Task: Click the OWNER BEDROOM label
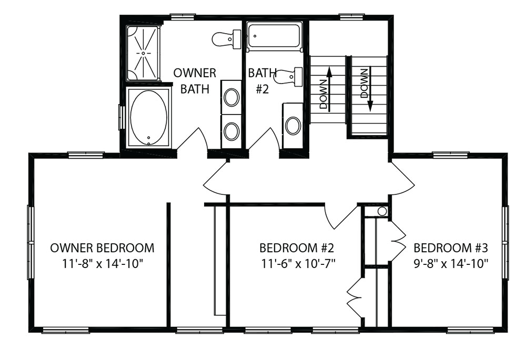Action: tap(103, 248)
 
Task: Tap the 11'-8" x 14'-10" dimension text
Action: tap(103, 264)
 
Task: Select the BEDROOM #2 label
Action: tap(297, 248)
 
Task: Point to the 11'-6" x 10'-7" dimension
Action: tap(299, 264)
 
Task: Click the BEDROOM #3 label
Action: tap(451, 248)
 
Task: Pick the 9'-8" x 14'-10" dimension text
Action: tap(451, 264)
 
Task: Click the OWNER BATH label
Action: tap(195, 81)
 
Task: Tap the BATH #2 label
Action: tap(262, 81)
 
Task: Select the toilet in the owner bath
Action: tap(226, 39)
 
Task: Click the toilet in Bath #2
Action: tap(288, 76)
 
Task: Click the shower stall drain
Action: tap(143, 53)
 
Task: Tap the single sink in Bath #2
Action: tap(293, 126)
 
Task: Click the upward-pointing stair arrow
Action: tap(330, 89)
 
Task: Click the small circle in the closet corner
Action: tap(382, 211)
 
